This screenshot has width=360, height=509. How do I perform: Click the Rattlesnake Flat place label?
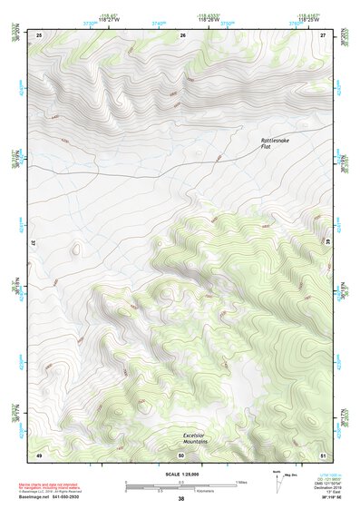pos(277,143)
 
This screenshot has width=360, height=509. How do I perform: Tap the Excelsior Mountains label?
pos(195,437)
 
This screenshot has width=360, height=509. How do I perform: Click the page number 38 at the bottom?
pos(180,499)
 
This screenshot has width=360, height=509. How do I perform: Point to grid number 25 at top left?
pos(39,34)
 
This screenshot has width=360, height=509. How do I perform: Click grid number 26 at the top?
pos(182,34)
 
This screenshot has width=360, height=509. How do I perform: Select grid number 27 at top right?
pos(324,34)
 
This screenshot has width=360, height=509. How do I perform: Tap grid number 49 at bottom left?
pos(39,454)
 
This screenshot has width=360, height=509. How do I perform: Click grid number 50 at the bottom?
pos(181,454)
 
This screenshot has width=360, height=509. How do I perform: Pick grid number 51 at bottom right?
pos(324,454)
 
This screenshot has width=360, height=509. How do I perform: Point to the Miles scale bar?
pos(181,482)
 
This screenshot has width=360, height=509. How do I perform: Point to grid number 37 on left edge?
pos(34,243)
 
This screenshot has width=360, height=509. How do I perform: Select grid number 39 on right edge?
pos(328,243)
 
